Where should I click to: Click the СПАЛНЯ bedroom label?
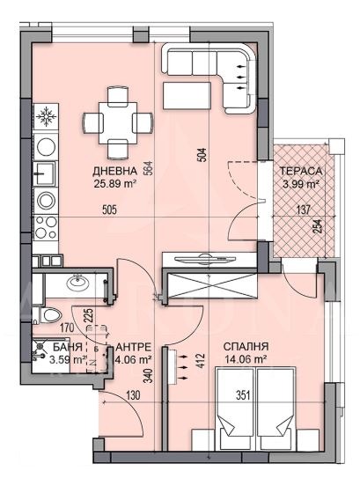[x=246, y=346]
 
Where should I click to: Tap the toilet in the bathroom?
[x=52, y=315]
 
